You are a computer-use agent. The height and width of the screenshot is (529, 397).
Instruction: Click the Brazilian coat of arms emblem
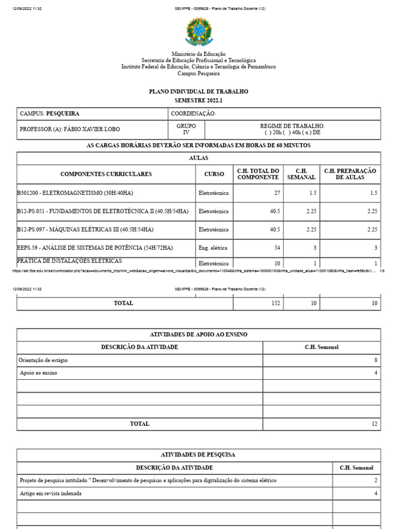[198, 32]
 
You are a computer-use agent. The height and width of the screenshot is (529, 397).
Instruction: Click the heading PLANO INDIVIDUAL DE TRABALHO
[198, 91]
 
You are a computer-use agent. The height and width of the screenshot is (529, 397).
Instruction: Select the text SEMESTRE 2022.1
[198, 100]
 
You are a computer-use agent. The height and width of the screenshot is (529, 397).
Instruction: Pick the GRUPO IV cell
[186, 129]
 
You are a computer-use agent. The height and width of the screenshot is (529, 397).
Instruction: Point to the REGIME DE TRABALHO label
[293, 126]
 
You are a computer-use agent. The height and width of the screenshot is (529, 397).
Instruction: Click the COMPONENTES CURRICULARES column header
[106, 174]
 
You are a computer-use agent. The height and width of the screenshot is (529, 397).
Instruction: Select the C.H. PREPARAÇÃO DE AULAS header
[350, 174]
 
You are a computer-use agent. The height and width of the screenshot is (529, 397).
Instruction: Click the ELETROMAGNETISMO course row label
[75, 193]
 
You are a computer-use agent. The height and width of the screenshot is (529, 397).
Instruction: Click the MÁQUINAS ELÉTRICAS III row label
[85, 229]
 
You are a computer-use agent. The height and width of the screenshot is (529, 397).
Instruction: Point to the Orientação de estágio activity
[43, 360]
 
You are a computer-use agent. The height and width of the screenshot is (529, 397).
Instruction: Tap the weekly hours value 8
[376, 360]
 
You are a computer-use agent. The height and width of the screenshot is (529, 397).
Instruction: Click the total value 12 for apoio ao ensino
[375, 424]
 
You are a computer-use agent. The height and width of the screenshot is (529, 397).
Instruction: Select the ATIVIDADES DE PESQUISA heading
[198, 455]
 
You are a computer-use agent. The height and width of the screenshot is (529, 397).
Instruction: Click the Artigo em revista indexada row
[51, 493]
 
